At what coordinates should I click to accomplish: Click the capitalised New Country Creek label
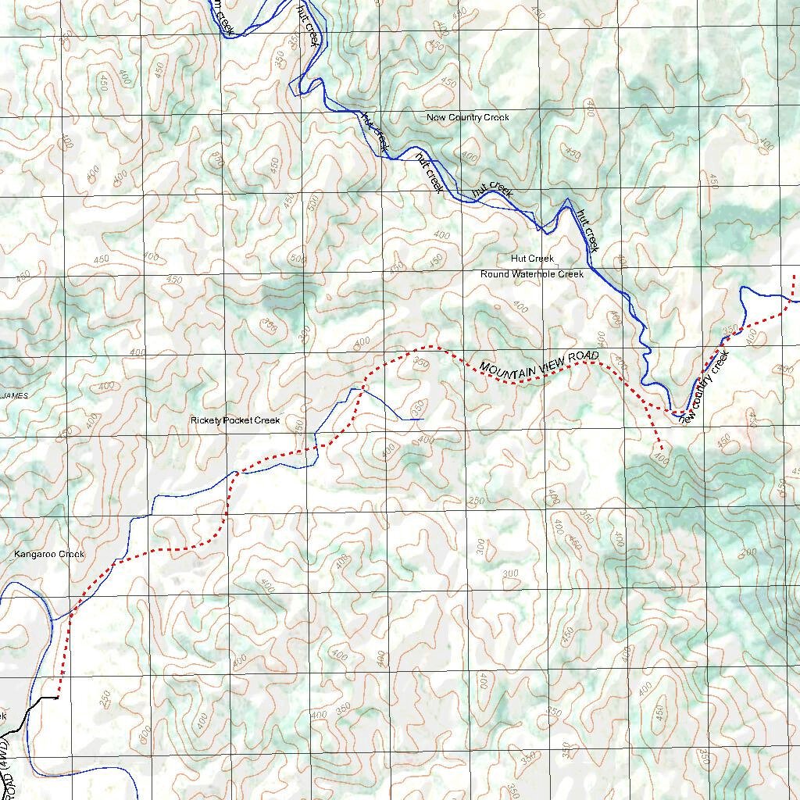(x=467, y=117)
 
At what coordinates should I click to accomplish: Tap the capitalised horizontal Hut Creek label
(x=532, y=259)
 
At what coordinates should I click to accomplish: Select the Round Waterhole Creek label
(x=532, y=274)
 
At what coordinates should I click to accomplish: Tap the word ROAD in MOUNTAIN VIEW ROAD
(x=584, y=355)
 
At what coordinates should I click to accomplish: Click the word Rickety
(x=206, y=420)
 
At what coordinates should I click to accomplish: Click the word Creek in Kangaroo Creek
(x=72, y=555)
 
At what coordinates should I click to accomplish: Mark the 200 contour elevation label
(x=749, y=552)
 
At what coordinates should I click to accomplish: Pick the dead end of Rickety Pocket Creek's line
(x=423, y=420)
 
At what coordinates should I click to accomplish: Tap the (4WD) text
(x=9, y=750)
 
